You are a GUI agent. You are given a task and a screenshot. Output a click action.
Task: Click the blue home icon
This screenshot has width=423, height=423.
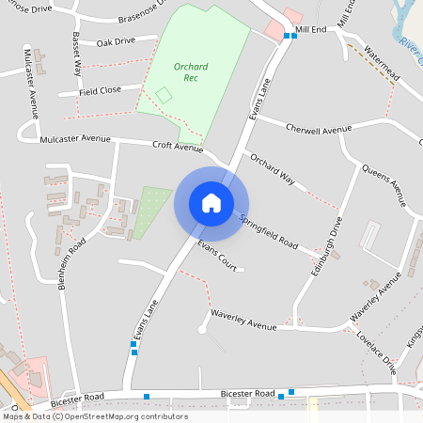pyautogui.click(x=211, y=202)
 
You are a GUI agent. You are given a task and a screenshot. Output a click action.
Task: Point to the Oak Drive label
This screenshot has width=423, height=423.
pyautogui.click(x=116, y=41)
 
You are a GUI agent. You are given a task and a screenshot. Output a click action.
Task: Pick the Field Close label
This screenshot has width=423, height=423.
pyautogui.click(x=100, y=91)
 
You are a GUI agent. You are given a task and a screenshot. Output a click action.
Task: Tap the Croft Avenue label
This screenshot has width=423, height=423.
pyautogui.click(x=178, y=148)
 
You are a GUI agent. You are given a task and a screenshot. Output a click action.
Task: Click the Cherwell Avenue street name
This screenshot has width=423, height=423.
pyautogui.click(x=319, y=129)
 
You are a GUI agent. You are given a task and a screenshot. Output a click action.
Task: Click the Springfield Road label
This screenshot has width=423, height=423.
pyautogui.click(x=268, y=232)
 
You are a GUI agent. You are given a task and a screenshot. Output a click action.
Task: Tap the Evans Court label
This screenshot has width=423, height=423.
pyautogui.click(x=216, y=256)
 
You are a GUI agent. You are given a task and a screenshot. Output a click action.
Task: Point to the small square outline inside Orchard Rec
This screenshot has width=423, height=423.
pyautogui.click(x=164, y=95)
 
